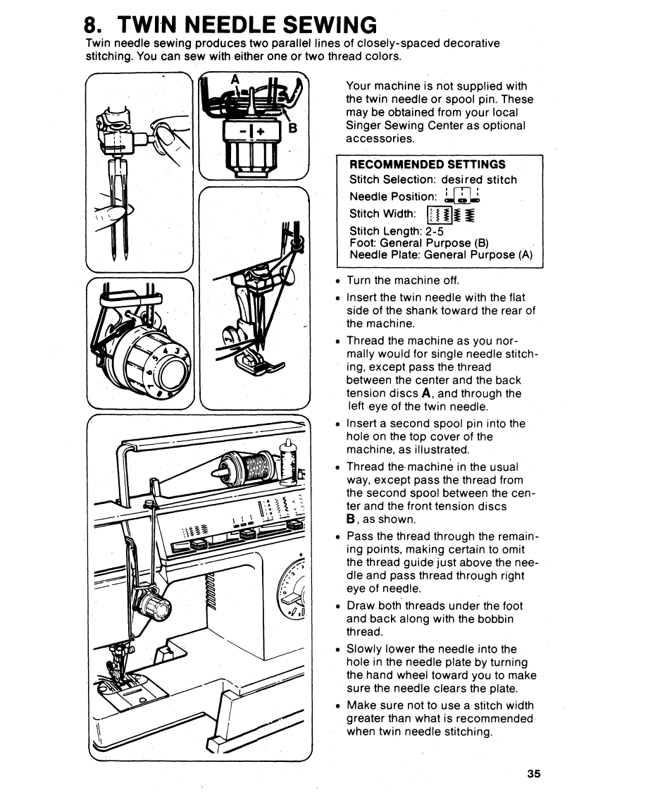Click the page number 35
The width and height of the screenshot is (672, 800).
(533, 773)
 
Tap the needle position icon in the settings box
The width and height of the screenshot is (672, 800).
(461, 197)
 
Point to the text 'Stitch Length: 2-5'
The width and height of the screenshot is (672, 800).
(396, 231)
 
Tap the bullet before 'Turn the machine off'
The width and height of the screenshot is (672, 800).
(338, 281)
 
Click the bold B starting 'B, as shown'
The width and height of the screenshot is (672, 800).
(351, 519)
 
